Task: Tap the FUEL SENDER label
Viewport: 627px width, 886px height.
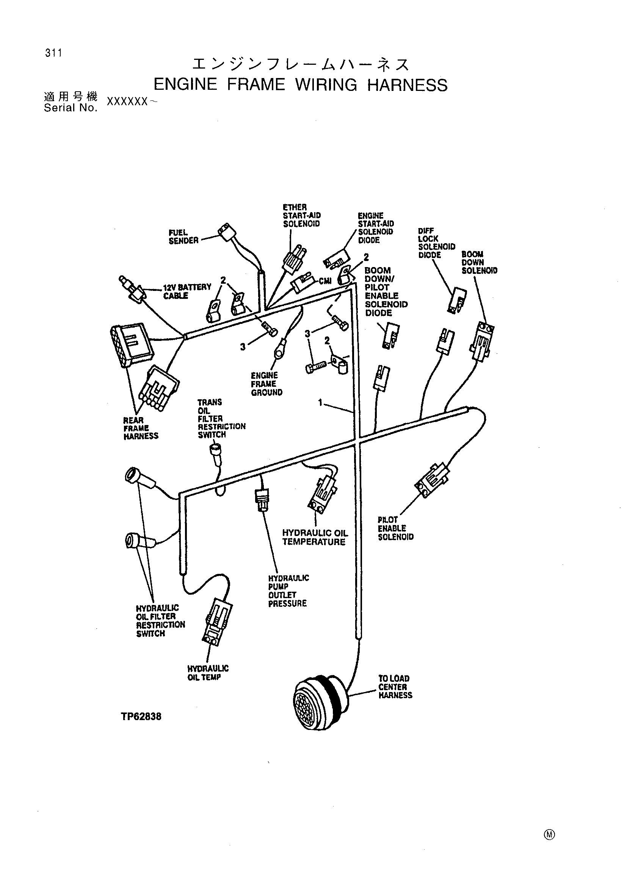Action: pos(183,236)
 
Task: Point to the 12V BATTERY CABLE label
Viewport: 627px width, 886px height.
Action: pos(187,291)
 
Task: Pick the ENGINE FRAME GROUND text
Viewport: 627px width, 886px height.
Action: pos(266,384)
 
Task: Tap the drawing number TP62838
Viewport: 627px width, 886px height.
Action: pos(141,717)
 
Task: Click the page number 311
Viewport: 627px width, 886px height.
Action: pos(53,53)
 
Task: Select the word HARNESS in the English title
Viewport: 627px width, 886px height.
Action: pos(407,85)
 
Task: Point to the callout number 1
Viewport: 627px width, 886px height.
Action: pos(320,403)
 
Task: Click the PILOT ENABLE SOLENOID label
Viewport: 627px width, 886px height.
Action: pos(395,528)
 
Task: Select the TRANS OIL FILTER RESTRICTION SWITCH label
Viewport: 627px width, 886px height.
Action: pos(222,418)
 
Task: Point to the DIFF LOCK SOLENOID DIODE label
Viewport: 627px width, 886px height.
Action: pos(437,243)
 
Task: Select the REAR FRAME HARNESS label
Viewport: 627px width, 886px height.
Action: pos(141,428)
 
